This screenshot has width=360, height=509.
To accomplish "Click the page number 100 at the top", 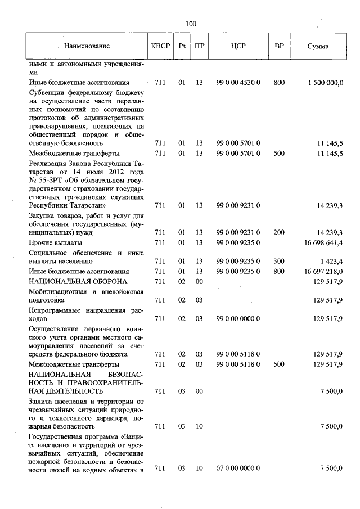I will coord(191,24).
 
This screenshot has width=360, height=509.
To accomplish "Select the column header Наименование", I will coord(87,46).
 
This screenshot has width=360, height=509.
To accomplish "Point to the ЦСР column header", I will coord(238,46).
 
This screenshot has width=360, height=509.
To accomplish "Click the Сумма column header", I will coord(318,46).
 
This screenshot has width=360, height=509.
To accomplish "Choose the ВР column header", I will coord(279,46).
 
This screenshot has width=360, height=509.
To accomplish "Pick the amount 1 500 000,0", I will coord(325,83).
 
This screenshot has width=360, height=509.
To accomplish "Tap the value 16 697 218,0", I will coord(322,271).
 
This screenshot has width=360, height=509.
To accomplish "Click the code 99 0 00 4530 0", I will coord(238,83).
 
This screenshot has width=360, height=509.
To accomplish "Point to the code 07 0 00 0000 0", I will coord(238,468).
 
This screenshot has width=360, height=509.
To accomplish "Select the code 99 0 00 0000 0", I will coord(238,318).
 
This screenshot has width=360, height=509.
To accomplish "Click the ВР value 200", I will coord(279,232).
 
